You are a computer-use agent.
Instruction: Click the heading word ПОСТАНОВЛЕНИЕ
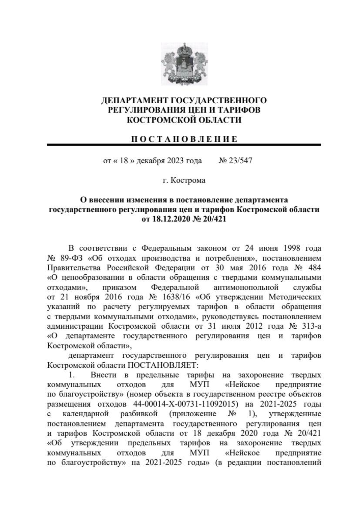[184, 139]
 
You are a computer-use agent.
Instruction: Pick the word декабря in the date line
[149, 161]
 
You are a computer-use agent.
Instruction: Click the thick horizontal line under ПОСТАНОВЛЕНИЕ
[184, 145]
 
